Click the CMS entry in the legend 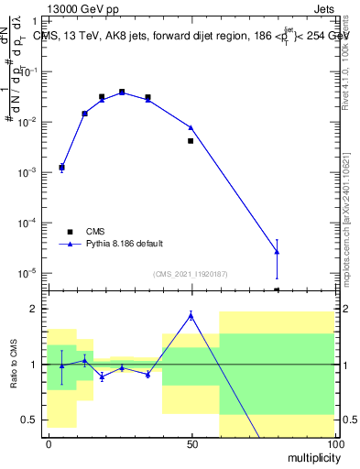point(95,232)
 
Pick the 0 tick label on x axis point(49,443)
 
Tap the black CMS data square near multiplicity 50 point(191,140)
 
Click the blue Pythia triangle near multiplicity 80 point(277,251)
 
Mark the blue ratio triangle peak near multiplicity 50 point(191,315)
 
